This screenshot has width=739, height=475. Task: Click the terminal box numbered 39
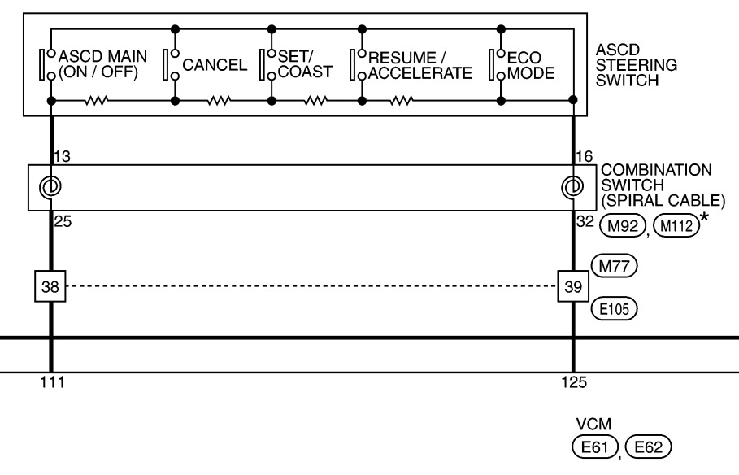point(572,286)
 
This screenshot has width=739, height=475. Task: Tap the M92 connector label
point(616,226)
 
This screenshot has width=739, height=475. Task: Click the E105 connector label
point(614,309)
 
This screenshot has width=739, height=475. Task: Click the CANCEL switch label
point(215,65)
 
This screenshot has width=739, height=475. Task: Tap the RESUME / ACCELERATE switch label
point(419,65)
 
